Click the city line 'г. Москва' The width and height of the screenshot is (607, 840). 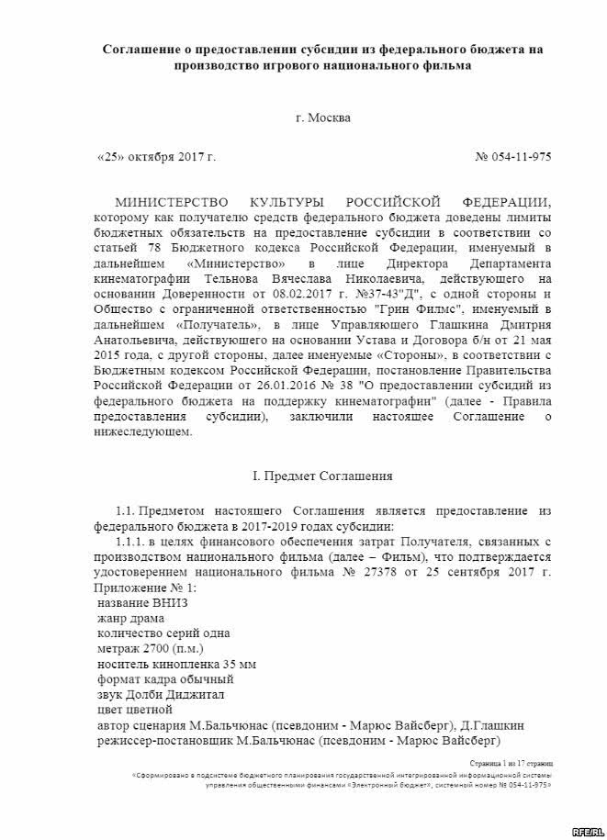click(x=322, y=118)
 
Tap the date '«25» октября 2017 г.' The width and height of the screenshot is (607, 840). click(x=156, y=157)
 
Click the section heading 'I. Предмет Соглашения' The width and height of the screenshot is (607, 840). click(x=322, y=476)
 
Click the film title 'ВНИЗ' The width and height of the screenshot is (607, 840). click(x=166, y=602)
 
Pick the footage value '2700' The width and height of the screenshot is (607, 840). click(x=155, y=648)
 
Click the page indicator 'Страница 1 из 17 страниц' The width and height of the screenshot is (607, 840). click(x=514, y=762)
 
